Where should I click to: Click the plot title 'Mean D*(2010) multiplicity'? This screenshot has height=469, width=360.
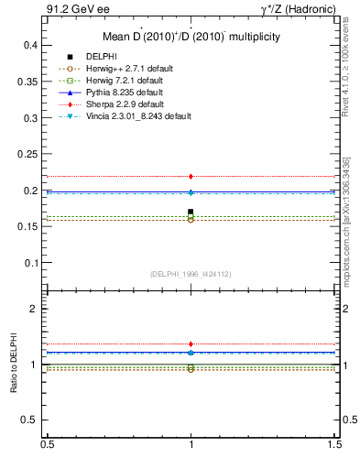(x=191, y=37)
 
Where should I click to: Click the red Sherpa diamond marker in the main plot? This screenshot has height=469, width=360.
(x=191, y=176)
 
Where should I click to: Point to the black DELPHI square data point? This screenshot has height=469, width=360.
(x=191, y=213)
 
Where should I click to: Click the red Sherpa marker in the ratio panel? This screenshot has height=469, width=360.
(x=191, y=344)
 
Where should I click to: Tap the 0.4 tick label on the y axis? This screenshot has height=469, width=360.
(x=30, y=45)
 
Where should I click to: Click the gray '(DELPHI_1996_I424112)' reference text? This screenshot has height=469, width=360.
(x=191, y=274)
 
